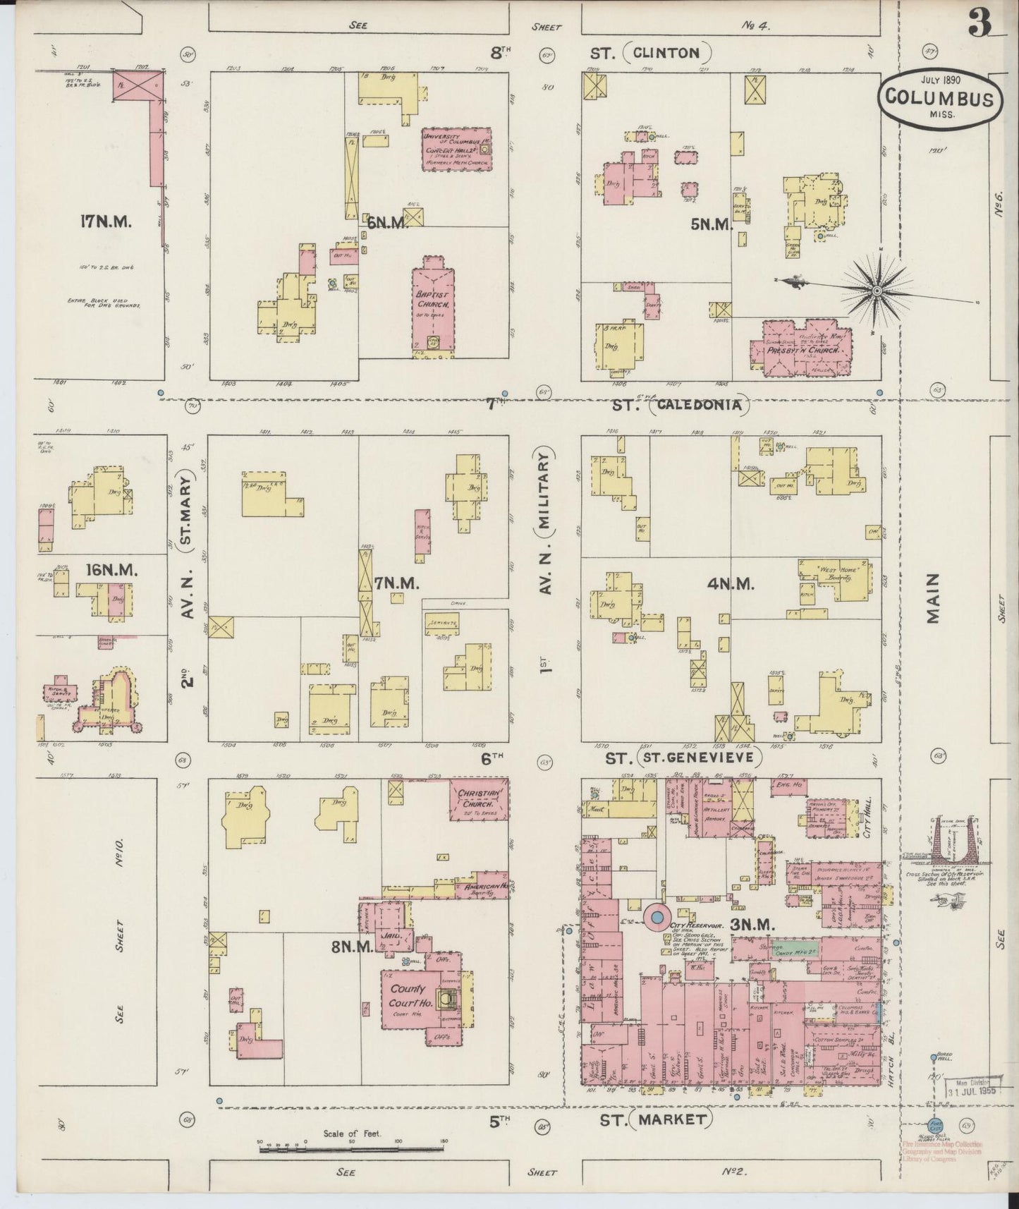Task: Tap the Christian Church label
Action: point(480,798)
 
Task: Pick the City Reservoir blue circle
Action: point(657,916)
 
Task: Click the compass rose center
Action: point(877,291)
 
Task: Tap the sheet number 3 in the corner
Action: point(980,26)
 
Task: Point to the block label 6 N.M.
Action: point(387,223)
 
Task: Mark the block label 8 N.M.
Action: point(351,947)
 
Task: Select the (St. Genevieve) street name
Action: point(699,758)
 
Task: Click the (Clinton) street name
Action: point(666,52)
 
